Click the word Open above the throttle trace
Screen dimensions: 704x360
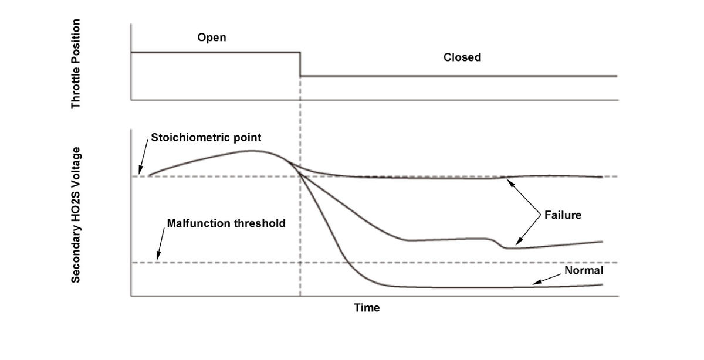(x=212, y=38)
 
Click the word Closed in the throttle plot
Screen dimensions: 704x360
(x=462, y=57)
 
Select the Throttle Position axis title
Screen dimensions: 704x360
(x=76, y=64)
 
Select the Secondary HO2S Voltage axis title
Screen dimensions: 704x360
(x=76, y=215)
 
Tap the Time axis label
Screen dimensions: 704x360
(x=367, y=308)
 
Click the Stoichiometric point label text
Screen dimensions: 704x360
(x=206, y=138)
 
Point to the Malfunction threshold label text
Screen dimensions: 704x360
(x=226, y=223)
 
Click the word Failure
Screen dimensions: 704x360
(x=563, y=215)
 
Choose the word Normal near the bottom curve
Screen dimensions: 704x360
(x=584, y=270)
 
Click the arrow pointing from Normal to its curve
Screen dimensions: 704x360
(x=547, y=279)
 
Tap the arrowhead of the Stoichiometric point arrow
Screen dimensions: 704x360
(x=140, y=172)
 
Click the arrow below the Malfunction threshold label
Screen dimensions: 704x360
(x=160, y=244)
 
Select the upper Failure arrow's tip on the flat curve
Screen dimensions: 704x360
(x=508, y=179)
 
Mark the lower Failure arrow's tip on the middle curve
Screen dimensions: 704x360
(x=516, y=244)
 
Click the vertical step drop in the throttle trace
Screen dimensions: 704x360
(x=300, y=64)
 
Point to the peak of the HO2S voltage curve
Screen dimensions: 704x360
(x=252, y=151)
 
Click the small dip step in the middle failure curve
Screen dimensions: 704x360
(x=496, y=243)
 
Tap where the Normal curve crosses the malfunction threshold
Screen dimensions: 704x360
(x=347, y=263)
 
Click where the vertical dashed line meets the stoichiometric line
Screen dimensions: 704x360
(x=300, y=176)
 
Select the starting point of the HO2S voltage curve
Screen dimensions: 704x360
(x=149, y=175)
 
